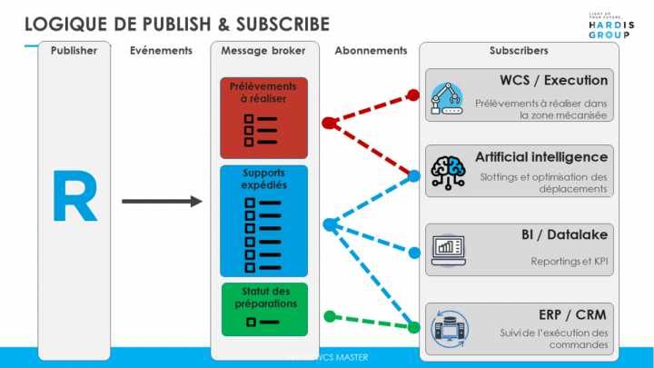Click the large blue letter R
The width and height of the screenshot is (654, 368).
coord(74,196)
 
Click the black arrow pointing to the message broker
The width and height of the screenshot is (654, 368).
coord(161,200)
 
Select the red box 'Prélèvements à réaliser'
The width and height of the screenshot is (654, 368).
coord(263,117)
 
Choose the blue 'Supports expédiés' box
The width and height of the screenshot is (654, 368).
coord(263,221)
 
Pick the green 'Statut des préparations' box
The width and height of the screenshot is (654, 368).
coord(263,309)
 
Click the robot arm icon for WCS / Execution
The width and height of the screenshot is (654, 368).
coord(447,96)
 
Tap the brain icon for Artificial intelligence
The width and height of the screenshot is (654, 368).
coord(448,172)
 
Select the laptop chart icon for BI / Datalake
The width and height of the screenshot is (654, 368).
coord(447,248)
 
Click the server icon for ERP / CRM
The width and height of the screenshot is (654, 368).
coord(447,328)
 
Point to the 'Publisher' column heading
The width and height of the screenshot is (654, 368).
coord(74,51)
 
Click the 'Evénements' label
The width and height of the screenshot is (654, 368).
coord(161,51)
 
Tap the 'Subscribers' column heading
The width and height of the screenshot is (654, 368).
coord(519,51)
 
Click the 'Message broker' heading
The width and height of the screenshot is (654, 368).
coord(263,51)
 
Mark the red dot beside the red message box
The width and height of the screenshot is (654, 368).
coord(328,122)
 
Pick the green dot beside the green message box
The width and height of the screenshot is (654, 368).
coord(330,317)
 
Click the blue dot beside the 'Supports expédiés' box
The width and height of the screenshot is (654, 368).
coord(329,224)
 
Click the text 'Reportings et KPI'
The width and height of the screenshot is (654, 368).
coord(570,262)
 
